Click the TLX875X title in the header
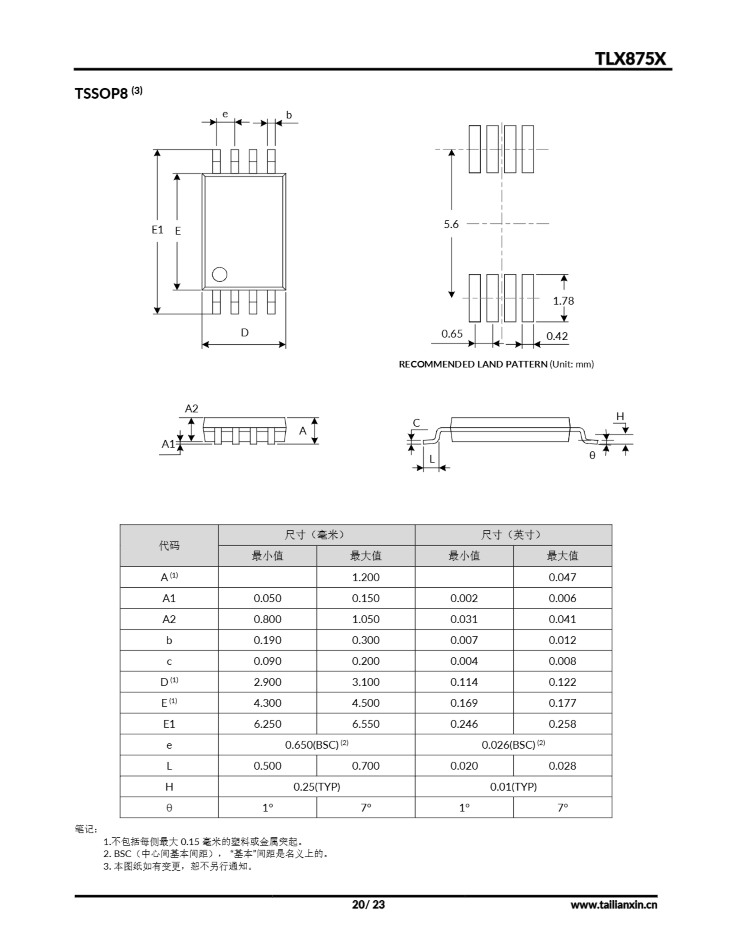point(630,59)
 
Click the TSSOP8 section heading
point(101,93)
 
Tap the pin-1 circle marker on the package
point(219,274)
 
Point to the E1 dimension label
point(157,230)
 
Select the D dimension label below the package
point(245,333)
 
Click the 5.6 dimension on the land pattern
point(451,224)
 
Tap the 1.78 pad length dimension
point(563,301)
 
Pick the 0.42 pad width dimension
point(557,336)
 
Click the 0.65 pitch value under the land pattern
point(452,334)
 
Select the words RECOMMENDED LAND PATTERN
point(473,364)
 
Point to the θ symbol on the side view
point(592,455)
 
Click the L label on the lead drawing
point(432,459)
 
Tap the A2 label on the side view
point(191,408)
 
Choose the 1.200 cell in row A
point(366,577)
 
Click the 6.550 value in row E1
point(366,724)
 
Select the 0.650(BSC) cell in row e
point(316,745)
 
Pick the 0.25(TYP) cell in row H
point(316,787)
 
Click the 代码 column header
point(169,545)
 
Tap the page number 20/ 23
point(368,905)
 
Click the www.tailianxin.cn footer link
point(614,905)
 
